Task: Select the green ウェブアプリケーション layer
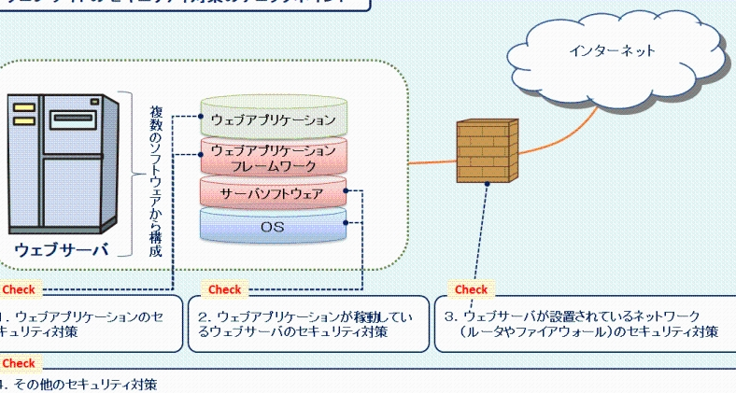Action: tap(273, 119)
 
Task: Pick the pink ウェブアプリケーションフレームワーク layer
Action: tap(273, 157)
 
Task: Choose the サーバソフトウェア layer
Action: tap(272, 194)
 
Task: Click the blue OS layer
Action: tap(272, 227)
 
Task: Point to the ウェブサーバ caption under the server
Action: tap(62, 249)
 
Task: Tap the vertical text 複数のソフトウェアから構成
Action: tap(156, 181)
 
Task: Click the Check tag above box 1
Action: tap(19, 289)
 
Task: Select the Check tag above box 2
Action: tap(224, 289)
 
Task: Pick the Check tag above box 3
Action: tap(471, 289)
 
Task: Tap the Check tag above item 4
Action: tap(19, 363)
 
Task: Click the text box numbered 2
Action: tap(308, 324)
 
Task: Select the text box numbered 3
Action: tap(585, 324)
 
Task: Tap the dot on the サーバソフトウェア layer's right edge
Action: tap(346, 190)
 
